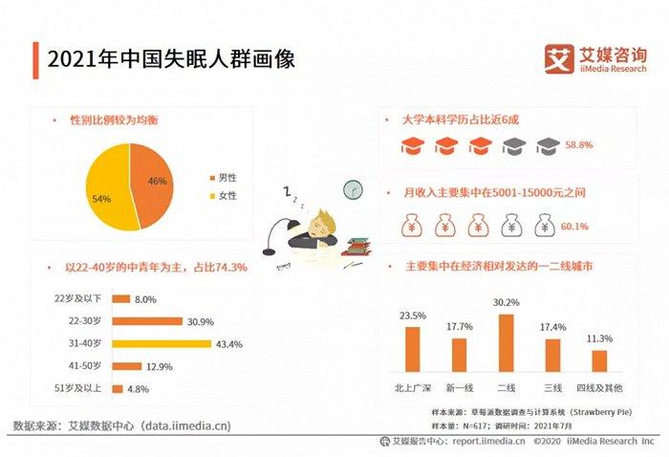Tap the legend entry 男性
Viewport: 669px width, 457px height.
click(226, 179)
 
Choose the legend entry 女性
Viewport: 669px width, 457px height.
click(226, 196)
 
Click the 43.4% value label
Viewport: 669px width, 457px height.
click(230, 343)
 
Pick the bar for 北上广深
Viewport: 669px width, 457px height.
click(412, 349)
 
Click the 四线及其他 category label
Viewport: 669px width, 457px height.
click(599, 387)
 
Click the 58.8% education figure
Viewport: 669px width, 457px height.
click(579, 145)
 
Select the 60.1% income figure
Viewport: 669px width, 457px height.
click(574, 227)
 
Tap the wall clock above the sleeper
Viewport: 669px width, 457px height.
click(354, 189)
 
